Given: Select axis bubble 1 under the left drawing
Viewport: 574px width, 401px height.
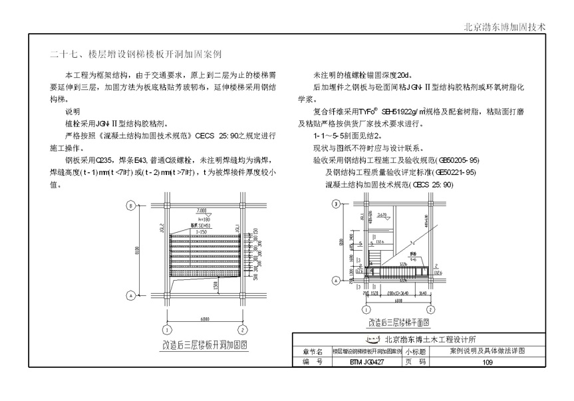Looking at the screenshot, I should pos(164,329).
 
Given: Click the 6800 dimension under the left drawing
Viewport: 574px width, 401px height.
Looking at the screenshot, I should pos(204,319).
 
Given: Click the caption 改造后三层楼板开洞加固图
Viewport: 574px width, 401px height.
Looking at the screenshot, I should pos(205,345).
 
